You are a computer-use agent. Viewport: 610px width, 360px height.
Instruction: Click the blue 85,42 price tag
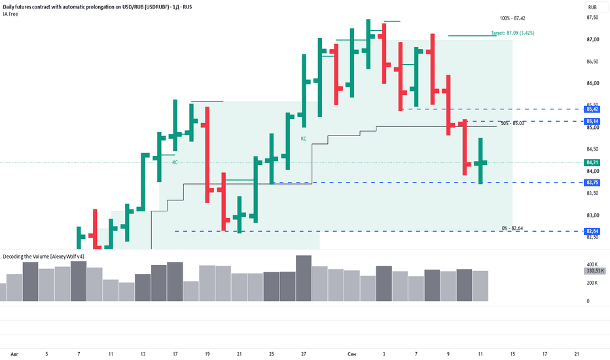592,109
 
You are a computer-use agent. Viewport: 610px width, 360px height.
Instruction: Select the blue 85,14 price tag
592,122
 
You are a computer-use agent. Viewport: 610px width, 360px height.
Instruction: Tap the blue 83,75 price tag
592,183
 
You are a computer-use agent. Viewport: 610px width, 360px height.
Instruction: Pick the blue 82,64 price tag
592,232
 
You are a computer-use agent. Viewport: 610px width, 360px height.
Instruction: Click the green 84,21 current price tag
592,163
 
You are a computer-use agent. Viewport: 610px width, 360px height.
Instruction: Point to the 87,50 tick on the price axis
592,18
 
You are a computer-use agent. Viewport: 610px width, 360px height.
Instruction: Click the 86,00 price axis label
592,83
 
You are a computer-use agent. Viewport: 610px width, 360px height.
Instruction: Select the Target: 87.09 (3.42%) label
512,33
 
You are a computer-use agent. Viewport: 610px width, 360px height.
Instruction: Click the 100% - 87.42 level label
512,18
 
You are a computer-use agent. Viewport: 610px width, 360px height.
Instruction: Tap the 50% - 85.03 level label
512,123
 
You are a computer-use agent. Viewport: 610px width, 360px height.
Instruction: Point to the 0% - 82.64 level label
512,228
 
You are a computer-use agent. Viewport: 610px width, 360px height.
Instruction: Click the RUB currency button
592,7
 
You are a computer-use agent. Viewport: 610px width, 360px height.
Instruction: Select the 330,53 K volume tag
595,271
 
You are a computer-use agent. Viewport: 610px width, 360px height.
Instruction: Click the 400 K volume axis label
592,264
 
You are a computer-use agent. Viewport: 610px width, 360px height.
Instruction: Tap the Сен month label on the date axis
351,354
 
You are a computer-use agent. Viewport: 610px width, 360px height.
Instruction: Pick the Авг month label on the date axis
14,354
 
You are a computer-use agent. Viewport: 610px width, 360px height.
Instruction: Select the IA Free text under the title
10,14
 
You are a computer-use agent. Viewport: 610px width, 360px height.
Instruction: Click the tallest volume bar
304,278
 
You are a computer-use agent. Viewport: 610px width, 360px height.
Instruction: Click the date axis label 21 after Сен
577,354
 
